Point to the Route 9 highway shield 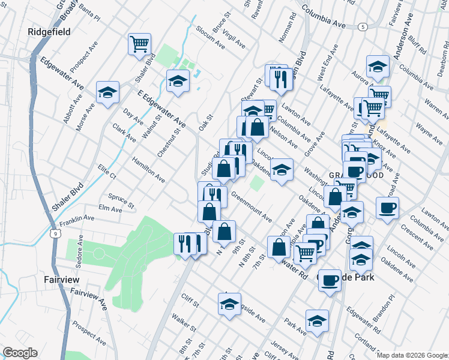point(56,233)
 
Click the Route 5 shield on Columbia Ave point(363,27)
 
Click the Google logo point(19,353)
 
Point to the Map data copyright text point(412,355)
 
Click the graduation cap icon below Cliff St point(229,305)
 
